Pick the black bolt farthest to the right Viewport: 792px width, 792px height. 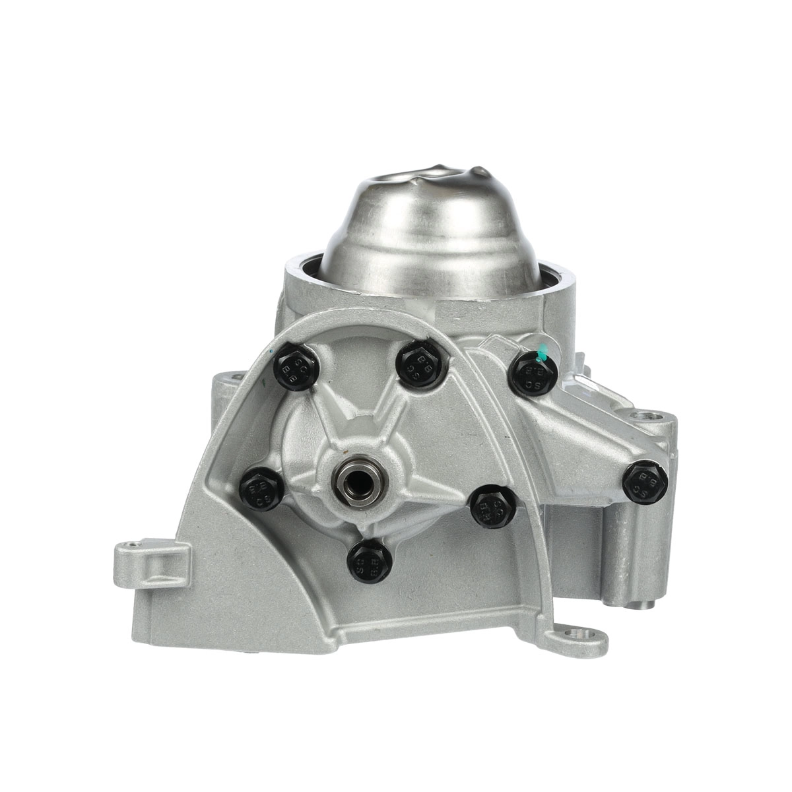pos(647,480)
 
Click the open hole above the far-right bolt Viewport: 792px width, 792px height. pos(645,417)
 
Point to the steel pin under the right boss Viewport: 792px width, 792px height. pos(641,586)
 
